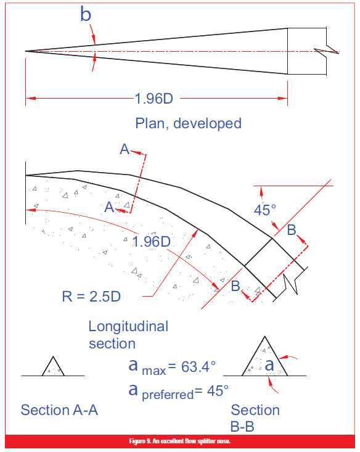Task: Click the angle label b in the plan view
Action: [x=86, y=14]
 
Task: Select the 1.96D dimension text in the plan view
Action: [x=154, y=99]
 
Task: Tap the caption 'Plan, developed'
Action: [x=188, y=123]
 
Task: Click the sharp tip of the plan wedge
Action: [x=26, y=51]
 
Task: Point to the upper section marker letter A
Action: [x=125, y=149]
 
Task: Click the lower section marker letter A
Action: [x=109, y=207]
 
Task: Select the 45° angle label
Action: [x=265, y=210]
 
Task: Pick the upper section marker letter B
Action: [x=292, y=230]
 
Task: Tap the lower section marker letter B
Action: [x=235, y=286]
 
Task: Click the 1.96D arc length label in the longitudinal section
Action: [x=151, y=242]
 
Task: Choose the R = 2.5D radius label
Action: [x=91, y=297]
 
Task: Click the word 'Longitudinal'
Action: [x=128, y=326]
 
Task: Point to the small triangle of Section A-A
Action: [x=53, y=367]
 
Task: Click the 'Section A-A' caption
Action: [x=59, y=410]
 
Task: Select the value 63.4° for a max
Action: [x=198, y=367]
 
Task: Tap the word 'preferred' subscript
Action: [x=168, y=395]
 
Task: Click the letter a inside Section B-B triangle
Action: [x=269, y=365]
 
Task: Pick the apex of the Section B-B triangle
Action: [x=264, y=336]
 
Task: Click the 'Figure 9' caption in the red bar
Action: [x=180, y=442]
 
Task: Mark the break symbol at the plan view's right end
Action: [x=326, y=51]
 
